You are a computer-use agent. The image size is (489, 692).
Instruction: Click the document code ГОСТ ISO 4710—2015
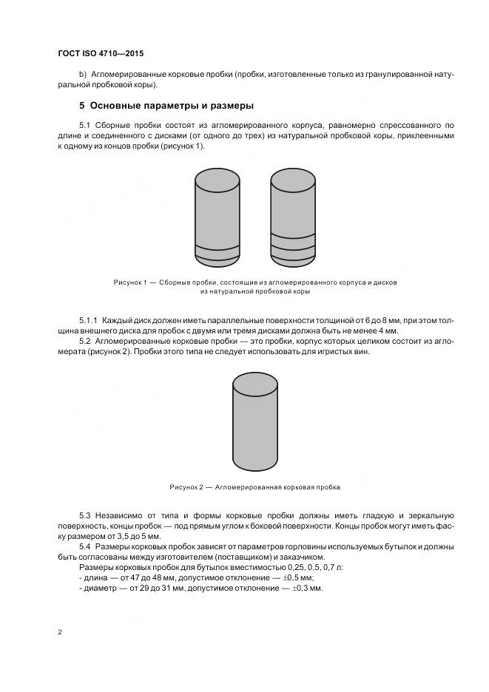(x=100, y=54)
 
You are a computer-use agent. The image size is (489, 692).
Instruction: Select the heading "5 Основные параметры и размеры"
(x=166, y=105)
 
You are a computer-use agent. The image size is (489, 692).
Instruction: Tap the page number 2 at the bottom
(x=59, y=632)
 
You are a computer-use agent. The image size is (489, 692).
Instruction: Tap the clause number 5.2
(x=85, y=342)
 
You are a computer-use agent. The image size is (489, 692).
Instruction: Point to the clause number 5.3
(x=85, y=515)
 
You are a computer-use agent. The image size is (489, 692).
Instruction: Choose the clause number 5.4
(x=85, y=546)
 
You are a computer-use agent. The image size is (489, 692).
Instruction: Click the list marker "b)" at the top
(x=83, y=75)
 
